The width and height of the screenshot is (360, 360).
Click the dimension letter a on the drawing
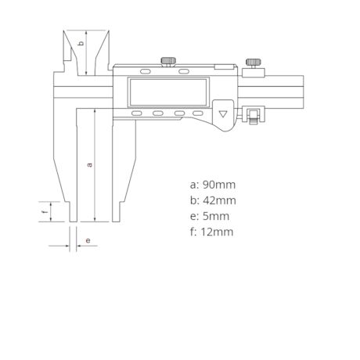pyautogui.click(x=90, y=165)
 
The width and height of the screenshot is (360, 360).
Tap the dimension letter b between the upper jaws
pyautogui.click(x=81, y=43)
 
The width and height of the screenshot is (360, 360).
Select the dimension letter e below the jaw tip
pyautogui.click(x=88, y=240)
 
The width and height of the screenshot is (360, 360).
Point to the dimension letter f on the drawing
pyautogui.click(x=45, y=211)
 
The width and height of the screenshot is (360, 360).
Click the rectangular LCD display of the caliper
pyautogui.click(x=168, y=92)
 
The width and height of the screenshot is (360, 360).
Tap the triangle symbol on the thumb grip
pyautogui.click(x=223, y=114)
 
